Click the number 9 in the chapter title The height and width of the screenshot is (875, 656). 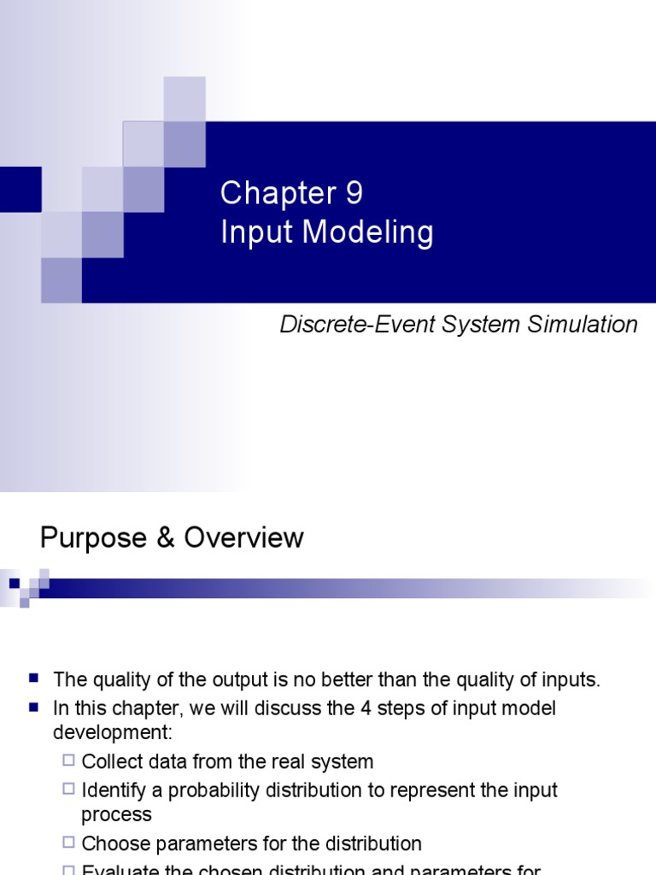[354, 193]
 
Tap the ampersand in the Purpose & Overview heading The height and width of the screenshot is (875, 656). [159, 537]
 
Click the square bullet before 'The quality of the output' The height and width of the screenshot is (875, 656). [34, 678]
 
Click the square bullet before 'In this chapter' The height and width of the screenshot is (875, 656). [34, 707]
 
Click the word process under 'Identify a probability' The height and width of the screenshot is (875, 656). [116, 815]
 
